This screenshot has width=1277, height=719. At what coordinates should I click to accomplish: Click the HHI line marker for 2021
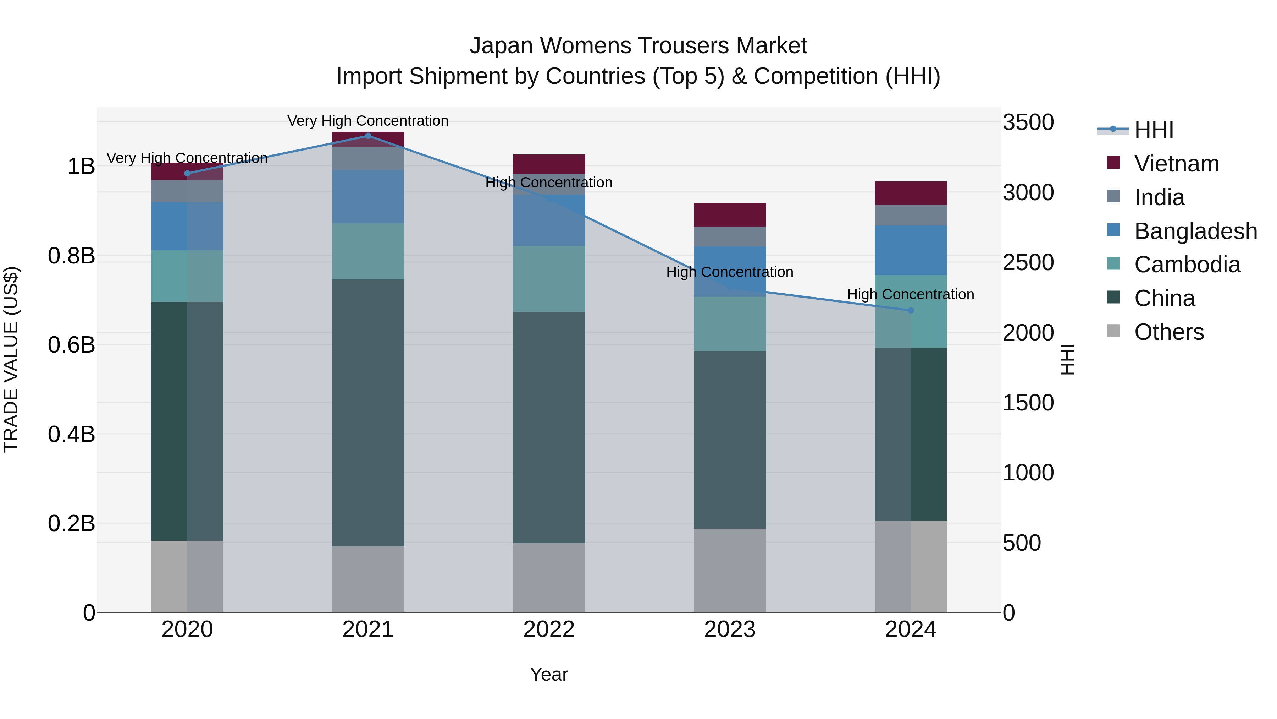[368, 136]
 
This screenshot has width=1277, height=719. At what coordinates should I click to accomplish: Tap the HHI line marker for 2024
[911, 310]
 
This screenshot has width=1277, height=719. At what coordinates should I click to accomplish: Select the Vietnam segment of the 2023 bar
[730, 215]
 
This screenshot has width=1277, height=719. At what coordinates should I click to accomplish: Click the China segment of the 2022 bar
[549, 427]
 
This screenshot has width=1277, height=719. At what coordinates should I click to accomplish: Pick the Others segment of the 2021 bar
[368, 579]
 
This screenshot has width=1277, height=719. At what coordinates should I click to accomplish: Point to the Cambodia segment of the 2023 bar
[730, 324]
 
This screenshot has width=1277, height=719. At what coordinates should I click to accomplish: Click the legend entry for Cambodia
[1187, 265]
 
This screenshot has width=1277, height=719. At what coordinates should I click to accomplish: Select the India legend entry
[1159, 197]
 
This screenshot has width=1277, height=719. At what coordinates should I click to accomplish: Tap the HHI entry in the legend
[1154, 130]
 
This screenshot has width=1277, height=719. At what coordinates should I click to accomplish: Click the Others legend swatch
[1113, 331]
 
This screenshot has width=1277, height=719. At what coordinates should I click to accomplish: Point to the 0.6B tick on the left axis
[71, 345]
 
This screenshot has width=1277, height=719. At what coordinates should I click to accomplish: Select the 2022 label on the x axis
[549, 630]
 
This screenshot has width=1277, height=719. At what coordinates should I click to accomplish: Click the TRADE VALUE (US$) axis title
[11, 359]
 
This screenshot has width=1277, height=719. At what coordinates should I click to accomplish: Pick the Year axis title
[549, 674]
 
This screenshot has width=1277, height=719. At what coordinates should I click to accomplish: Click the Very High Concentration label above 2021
[368, 121]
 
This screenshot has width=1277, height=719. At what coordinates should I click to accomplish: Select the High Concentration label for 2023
[730, 272]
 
